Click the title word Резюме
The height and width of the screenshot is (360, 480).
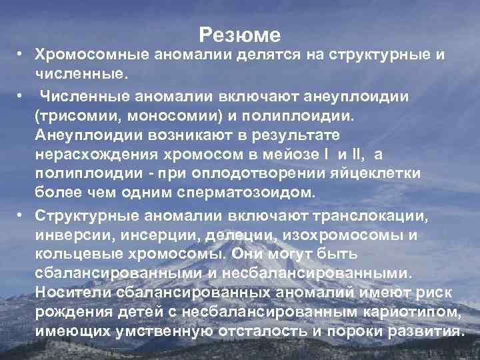tap(240, 34)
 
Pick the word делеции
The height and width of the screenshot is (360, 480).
tap(217, 237)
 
